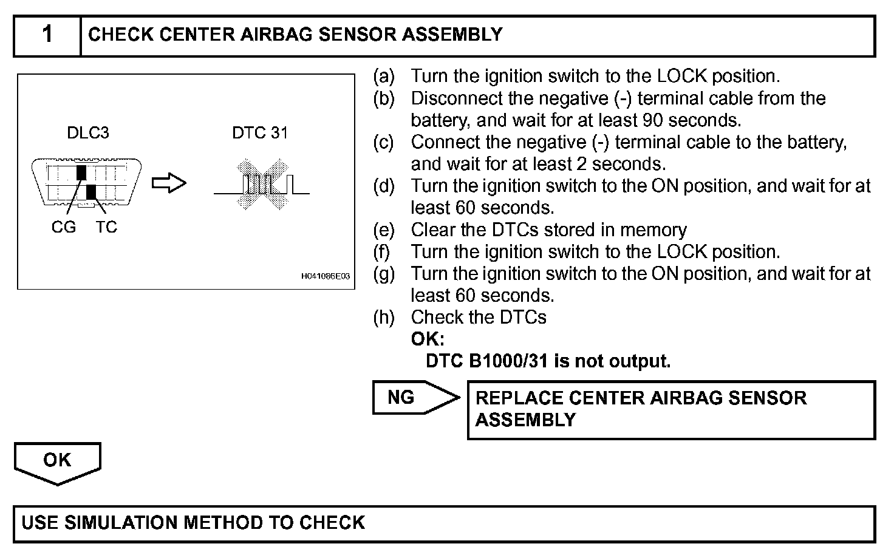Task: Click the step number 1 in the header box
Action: pos(47,35)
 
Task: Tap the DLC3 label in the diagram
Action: pos(87,133)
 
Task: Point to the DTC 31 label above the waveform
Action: pos(260,133)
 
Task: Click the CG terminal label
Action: pos(64,227)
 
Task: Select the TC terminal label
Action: pos(106,227)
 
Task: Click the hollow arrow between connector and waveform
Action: pos(169,183)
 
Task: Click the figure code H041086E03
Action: pos(326,276)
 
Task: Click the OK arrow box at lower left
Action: pos(57,461)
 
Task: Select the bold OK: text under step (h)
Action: pos(428,339)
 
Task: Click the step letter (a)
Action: pos(384,77)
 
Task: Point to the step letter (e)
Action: pos(384,230)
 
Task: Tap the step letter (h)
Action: pos(384,318)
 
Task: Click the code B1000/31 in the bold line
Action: pos(505,361)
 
